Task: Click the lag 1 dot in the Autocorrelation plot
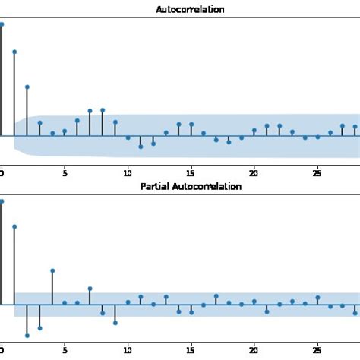point(14,52)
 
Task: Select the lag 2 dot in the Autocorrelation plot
point(27,87)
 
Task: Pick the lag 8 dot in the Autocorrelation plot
point(103,110)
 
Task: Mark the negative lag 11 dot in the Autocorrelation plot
point(141,146)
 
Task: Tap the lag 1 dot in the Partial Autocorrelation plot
point(14,226)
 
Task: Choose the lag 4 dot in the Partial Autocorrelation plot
point(52,270)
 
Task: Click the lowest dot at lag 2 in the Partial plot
point(27,335)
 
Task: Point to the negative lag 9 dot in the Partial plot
point(115,323)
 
